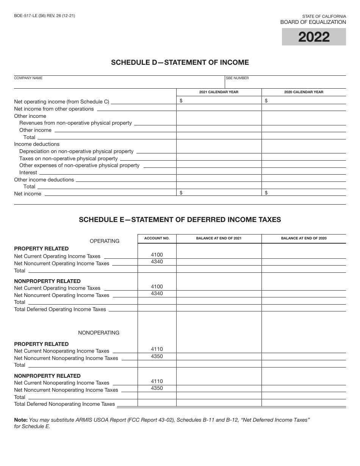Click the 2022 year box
tap(314, 37)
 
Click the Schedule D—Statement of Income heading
tap(180, 63)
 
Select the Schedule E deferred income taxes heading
tap(180, 219)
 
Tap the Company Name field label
tap(28, 78)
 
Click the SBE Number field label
tap(238, 78)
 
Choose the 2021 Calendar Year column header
tap(219, 92)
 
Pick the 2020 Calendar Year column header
tap(304, 92)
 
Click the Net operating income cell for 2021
tap(219, 101)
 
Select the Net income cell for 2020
tap(304, 193)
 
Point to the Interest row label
tap(28, 173)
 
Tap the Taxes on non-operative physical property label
tap(68, 158)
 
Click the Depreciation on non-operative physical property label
tap(76, 152)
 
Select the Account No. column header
tap(157, 238)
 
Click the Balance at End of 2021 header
tap(219, 238)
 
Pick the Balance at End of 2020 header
tap(304, 238)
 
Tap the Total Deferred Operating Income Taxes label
tap(60, 310)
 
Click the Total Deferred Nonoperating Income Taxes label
tap(64, 404)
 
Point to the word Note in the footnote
tap(20, 420)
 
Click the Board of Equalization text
tap(313, 22)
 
